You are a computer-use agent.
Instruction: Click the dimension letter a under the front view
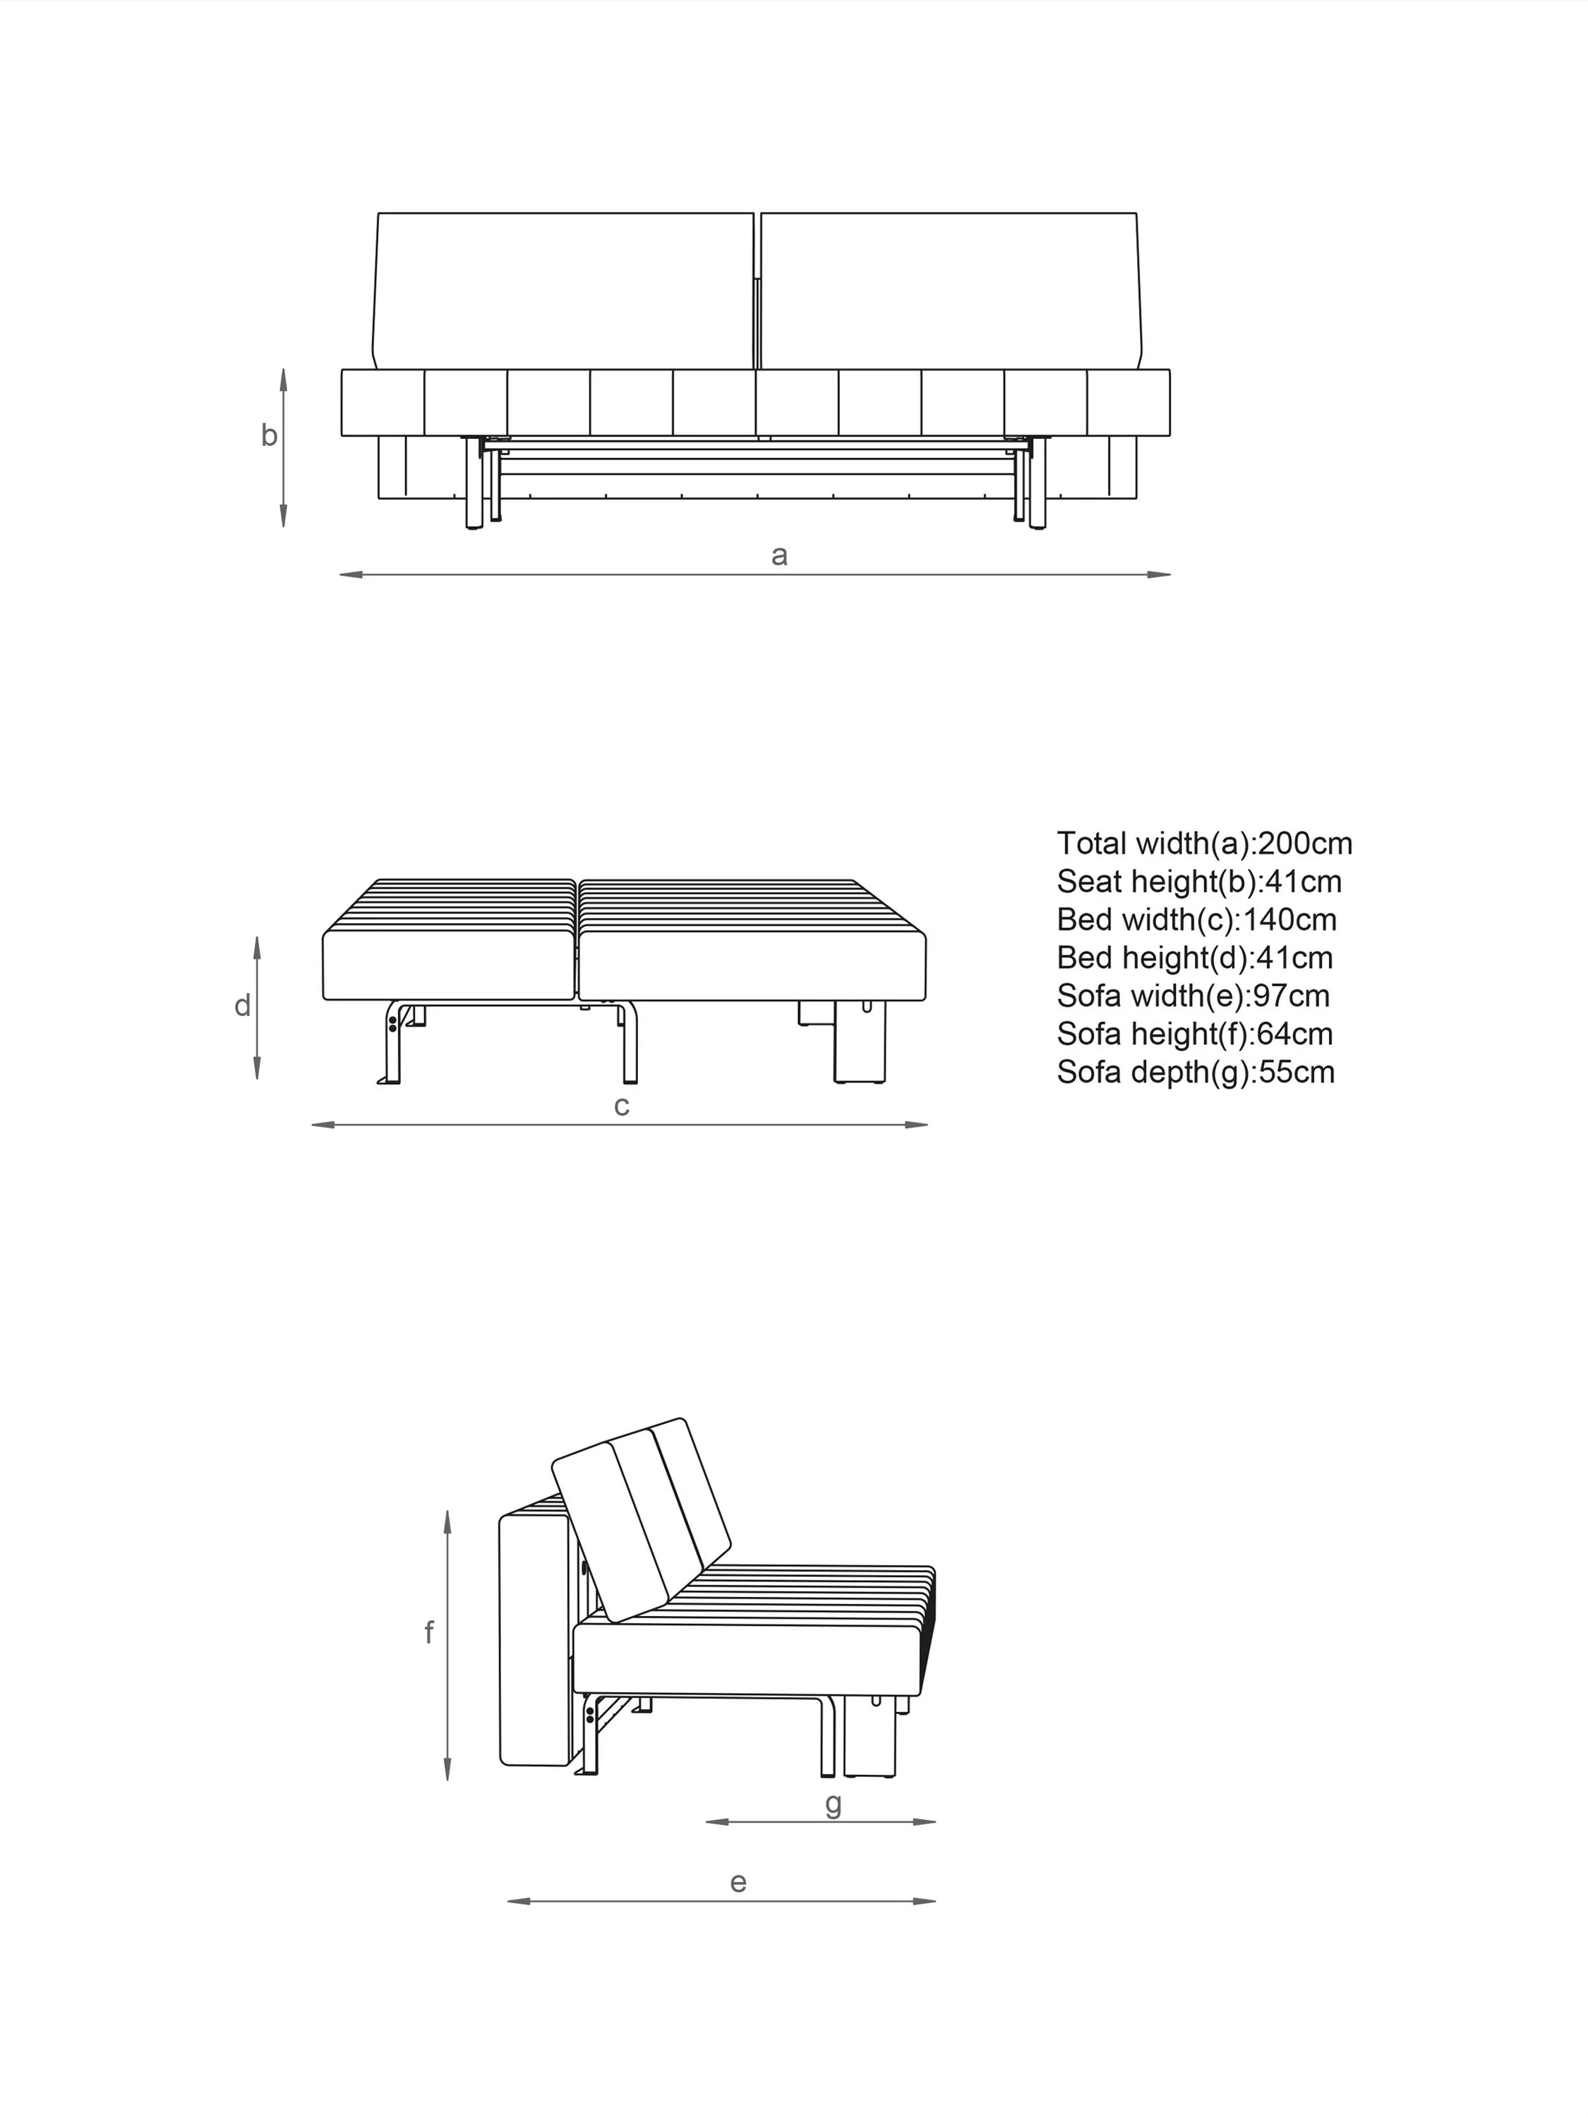[779, 556]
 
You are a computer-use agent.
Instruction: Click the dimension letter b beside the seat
[269, 435]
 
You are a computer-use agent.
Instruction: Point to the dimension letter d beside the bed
[242, 1006]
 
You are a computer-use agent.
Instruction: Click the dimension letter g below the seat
[834, 1804]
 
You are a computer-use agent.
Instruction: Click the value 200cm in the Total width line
[1305, 843]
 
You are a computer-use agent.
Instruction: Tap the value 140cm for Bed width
[1289, 919]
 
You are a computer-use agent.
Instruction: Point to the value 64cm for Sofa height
[1294, 1035]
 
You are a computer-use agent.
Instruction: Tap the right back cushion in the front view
[951, 290]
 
